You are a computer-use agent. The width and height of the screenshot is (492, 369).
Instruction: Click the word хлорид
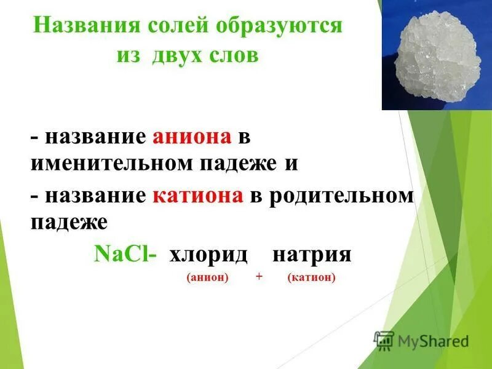(x=208, y=255)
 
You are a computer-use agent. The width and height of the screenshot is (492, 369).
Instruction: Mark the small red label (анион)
(x=207, y=278)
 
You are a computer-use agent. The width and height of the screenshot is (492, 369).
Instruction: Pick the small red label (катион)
(x=311, y=278)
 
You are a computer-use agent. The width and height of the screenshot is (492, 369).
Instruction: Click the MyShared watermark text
(x=434, y=341)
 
